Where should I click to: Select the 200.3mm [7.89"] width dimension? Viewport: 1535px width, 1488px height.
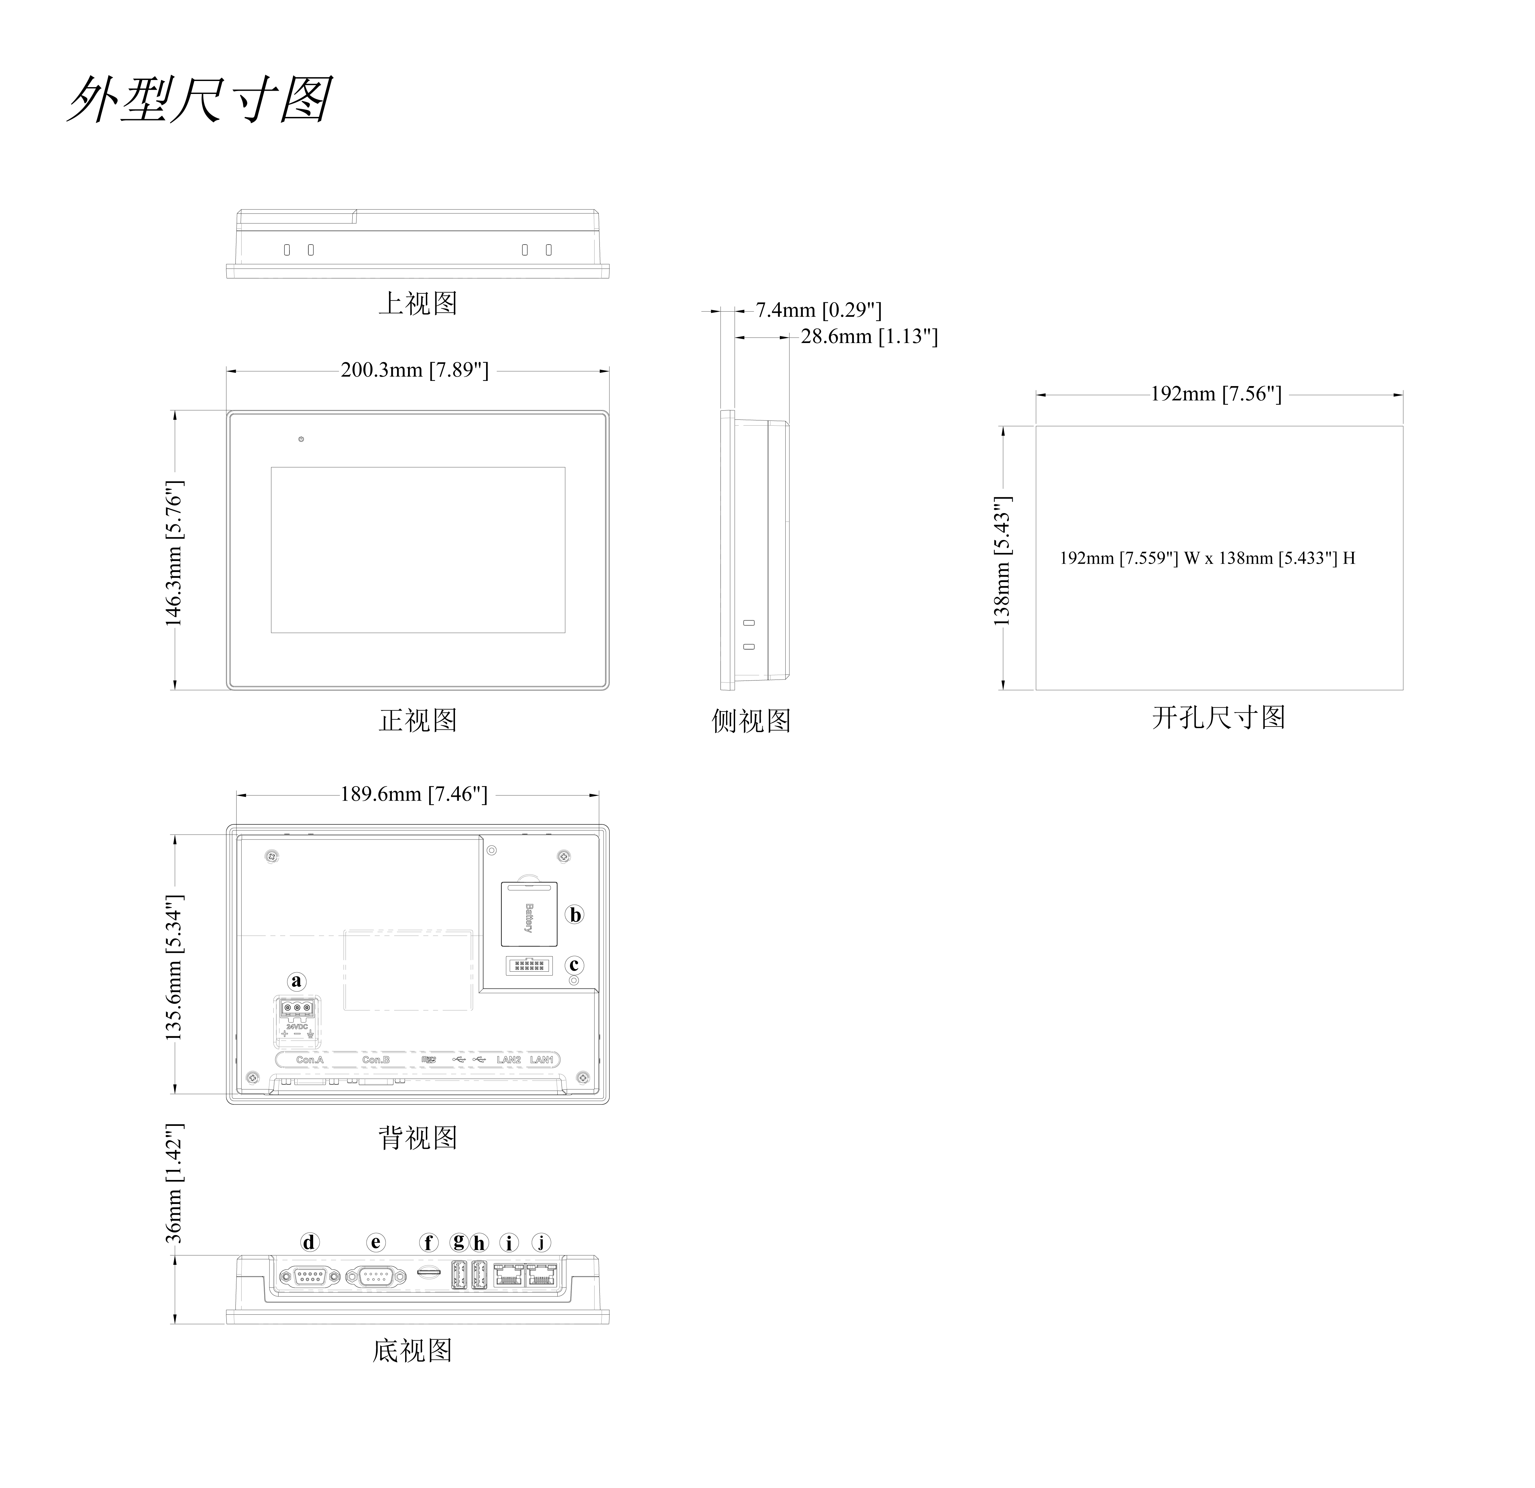click(x=414, y=371)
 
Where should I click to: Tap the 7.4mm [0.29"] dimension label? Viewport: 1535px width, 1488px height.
click(x=818, y=310)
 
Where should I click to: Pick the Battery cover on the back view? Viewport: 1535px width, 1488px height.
click(x=529, y=914)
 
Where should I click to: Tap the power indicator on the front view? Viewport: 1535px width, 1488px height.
click(x=301, y=439)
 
